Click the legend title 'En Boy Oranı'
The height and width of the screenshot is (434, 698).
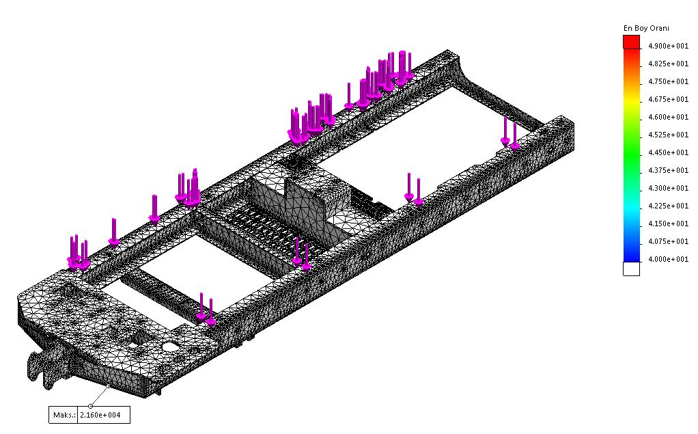coord(646,28)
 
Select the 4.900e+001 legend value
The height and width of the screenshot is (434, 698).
coord(668,46)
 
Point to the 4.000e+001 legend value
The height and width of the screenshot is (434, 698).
coord(668,259)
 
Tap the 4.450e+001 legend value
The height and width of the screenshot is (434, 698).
coord(668,152)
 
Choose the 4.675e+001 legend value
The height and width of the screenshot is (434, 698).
coord(668,99)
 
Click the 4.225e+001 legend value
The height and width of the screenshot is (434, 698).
coord(668,206)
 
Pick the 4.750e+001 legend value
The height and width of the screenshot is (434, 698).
coord(668,81)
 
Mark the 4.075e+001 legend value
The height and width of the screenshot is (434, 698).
coord(668,241)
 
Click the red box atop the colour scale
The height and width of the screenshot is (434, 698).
coord(631,42)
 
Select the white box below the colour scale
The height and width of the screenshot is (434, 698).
coord(631,269)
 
